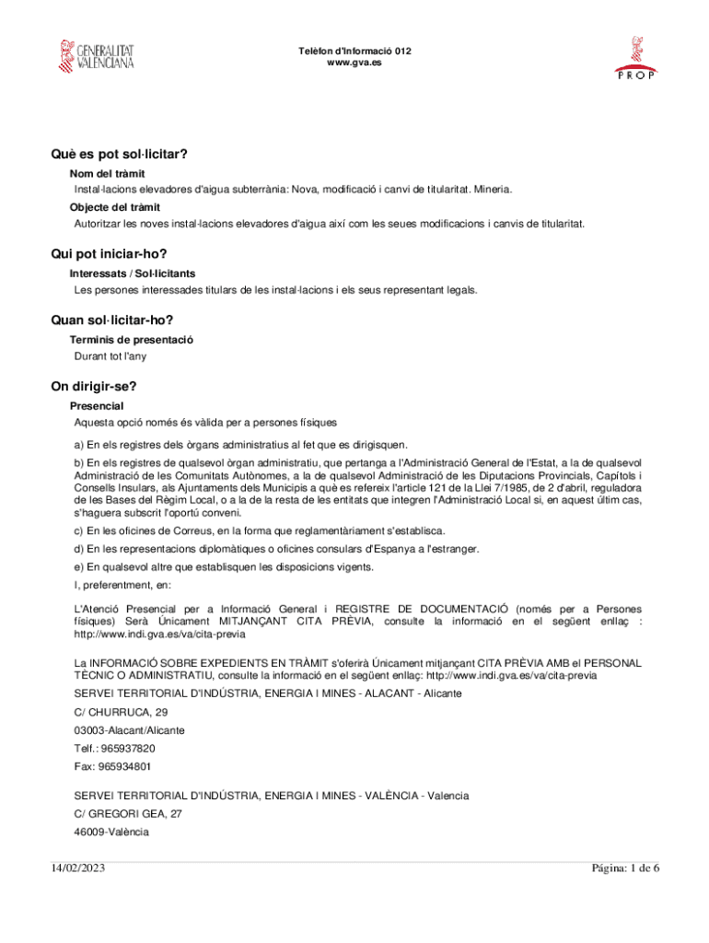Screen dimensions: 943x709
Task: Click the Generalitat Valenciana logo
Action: point(96,56)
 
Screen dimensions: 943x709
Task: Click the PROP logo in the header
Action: point(634,59)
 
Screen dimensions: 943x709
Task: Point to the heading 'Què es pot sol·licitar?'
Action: point(126,154)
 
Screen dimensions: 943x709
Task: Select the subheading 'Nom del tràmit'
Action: point(107,173)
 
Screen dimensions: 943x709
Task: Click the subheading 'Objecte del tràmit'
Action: point(115,206)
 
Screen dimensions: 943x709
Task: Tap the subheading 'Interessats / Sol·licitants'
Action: point(132,274)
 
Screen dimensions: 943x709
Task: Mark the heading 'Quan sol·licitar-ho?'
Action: point(112,320)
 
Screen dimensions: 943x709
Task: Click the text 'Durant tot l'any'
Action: point(110,355)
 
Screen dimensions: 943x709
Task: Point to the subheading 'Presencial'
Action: point(97,405)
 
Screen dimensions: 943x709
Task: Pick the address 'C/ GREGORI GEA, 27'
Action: point(128,814)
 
